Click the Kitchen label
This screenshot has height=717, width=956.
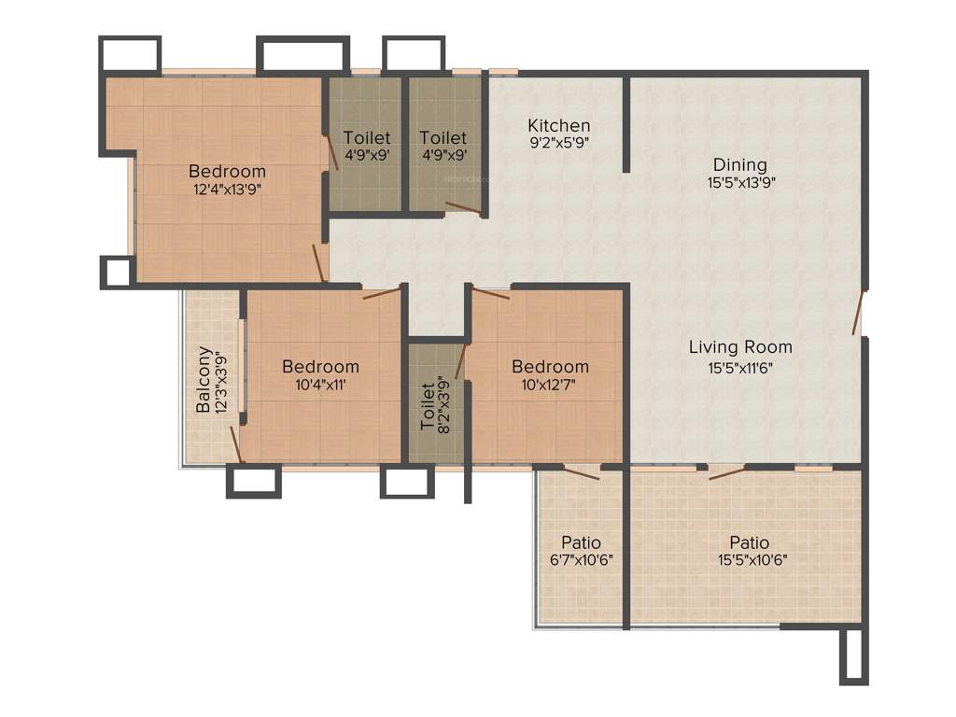[x=558, y=125]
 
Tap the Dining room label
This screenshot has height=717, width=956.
[x=740, y=164]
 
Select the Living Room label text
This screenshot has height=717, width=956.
[x=740, y=347]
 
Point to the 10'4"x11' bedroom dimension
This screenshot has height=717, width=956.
[x=320, y=385]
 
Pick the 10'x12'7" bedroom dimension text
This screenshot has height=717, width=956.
[x=549, y=385]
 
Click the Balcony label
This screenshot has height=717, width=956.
[x=204, y=380]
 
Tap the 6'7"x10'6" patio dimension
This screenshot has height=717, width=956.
[x=581, y=560]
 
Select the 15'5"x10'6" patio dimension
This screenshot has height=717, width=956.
[x=749, y=560]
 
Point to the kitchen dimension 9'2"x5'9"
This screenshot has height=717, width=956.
[x=558, y=143]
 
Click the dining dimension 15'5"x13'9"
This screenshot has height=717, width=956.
[x=741, y=183]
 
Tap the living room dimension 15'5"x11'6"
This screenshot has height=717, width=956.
[x=740, y=367]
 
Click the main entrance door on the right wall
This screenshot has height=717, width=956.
[x=857, y=311]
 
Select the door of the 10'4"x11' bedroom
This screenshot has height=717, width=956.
[x=382, y=293]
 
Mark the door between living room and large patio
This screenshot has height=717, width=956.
[x=727, y=472]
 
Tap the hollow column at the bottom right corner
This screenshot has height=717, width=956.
[x=853, y=656]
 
